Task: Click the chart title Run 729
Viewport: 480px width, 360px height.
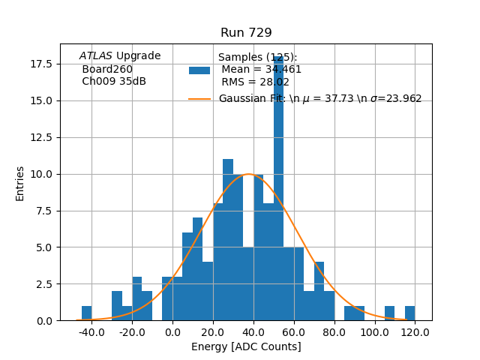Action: click(246, 33)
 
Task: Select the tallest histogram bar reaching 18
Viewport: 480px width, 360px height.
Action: click(278, 187)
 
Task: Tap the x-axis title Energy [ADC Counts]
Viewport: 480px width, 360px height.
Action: click(246, 346)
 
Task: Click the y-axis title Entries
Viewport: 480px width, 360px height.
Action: click(20, 183)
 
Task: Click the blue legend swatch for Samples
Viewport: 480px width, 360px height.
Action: click(199, 70)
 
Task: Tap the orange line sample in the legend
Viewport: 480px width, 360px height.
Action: click(199, 98)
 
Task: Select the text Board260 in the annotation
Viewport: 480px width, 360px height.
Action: click(107, 69)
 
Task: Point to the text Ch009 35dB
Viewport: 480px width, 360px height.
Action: click(114, 81)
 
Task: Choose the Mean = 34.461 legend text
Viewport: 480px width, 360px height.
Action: click(261, 70)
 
